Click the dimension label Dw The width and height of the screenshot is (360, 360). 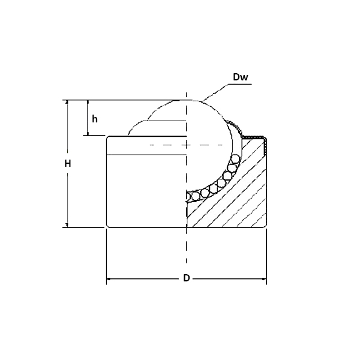[240, 77]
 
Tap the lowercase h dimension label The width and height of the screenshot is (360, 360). [95, 119]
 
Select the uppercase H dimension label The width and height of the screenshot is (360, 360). [68, 163]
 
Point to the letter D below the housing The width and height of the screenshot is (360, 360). [187, 278]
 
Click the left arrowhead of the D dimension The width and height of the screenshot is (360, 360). [109, 279]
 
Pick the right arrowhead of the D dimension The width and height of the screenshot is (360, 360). [263, 279]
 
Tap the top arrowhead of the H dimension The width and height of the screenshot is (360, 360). [67, 103]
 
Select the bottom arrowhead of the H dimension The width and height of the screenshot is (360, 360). [67, 224]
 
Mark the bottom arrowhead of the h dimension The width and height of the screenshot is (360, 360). [88, 133]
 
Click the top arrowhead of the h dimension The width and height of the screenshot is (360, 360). [88, 103]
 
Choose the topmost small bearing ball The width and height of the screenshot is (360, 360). [236, 159]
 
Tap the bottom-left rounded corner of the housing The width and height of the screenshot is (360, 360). [109, 225]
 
